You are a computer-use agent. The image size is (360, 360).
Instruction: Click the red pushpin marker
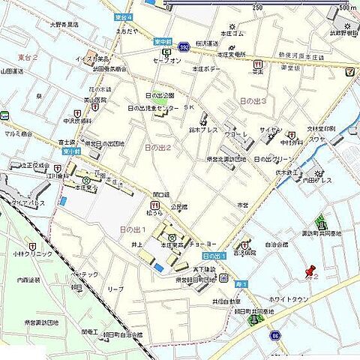308,271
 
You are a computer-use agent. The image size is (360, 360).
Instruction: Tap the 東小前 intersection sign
70,150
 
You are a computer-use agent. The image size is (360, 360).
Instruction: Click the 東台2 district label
28,57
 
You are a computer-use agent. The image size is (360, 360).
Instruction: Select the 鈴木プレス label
204,129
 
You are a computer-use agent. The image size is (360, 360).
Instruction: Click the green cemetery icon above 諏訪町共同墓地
322,222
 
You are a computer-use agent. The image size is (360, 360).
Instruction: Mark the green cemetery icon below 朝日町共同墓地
259,320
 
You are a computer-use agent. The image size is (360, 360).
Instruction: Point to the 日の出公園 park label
159,96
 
